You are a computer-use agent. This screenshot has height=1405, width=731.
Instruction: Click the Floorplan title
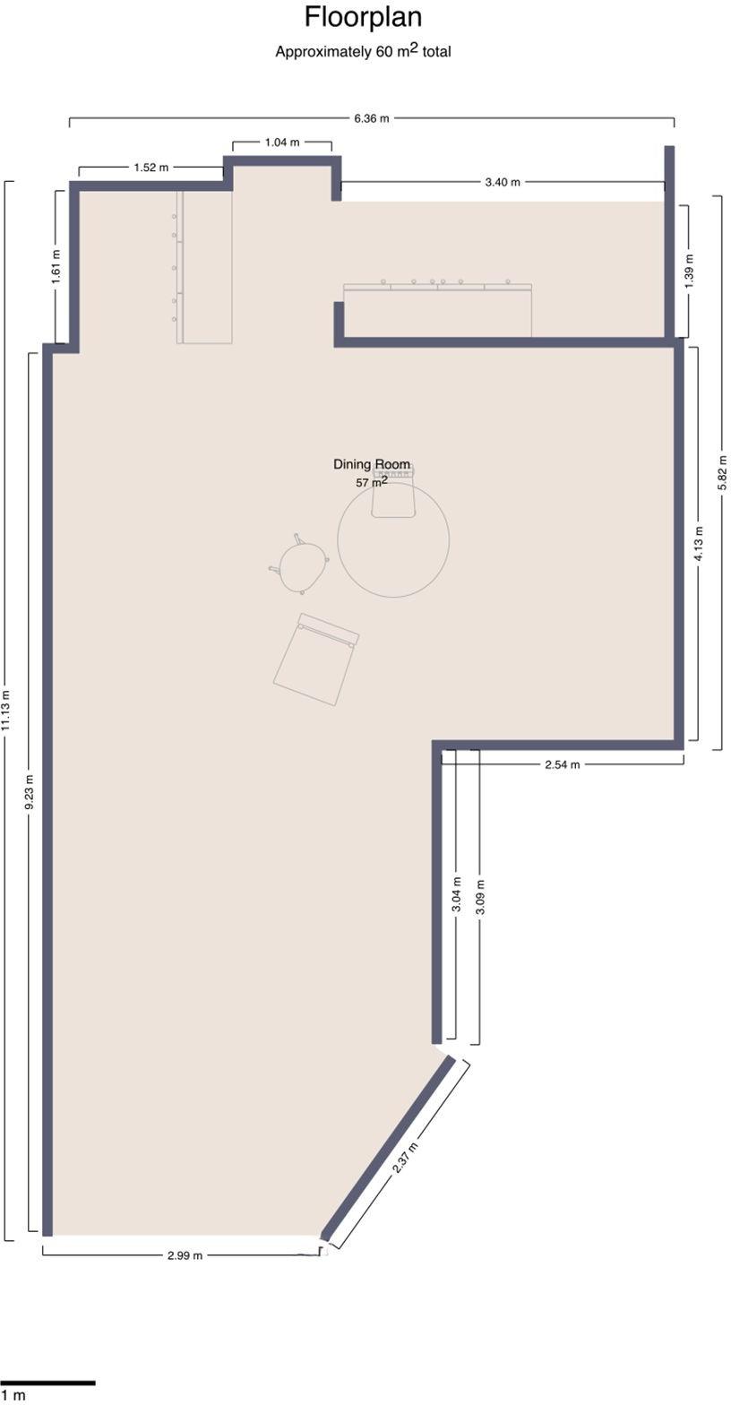pyautogui.click(x=363, y=17)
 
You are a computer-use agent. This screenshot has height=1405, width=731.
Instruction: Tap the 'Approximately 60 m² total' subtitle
pyautogui.click(x=363, y=51)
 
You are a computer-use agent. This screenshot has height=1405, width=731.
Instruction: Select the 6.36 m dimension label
pyautogui.click(x=372, y=118)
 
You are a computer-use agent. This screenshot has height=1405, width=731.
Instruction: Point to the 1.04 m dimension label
pyautogui.click(x=282, y=142)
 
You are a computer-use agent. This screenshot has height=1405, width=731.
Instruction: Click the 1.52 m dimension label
pyautogui.click(x=151, y=168)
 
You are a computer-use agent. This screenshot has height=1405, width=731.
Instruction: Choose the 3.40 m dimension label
pyautogui.click(x=503, y=183)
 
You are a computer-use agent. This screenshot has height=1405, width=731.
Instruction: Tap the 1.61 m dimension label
pyautogui.click(x=56, y=267)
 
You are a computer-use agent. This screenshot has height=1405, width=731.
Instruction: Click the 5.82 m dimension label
pyautogui.click(x=721, y=471)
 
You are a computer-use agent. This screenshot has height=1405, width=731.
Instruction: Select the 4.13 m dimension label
pyautogui.click(x=699, y=544)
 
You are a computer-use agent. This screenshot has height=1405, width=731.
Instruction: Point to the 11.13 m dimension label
pyautogui.click(x=6, y=710)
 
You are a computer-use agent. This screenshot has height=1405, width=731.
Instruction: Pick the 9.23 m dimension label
pyautogui.click(x=30, y=792)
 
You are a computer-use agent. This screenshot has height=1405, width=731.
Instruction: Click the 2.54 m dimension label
pyautogui.click(x=563, y=764)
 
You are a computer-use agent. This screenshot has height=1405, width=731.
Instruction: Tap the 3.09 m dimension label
pyautogui.click(x=480, y=897)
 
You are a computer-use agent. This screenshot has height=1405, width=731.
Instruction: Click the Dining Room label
pyautogui.click(x=372, y=464)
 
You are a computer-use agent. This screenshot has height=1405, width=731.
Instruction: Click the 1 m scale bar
pyautogui.click(x=47, y=1383)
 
